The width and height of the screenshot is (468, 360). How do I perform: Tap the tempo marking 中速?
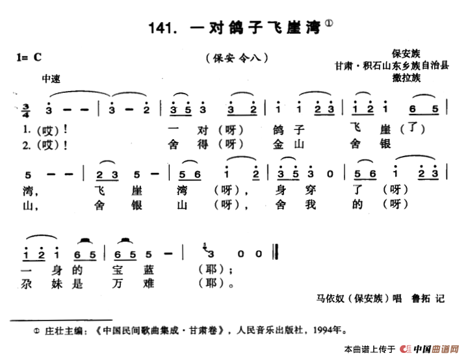pos(50,79)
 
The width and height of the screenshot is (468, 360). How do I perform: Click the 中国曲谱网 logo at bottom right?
pos(430,349)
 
